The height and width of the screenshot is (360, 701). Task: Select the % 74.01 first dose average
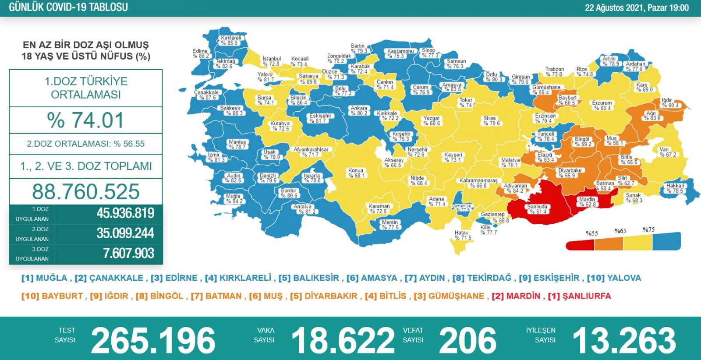click(86, 120)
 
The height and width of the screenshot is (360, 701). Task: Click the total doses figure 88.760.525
click(86, 192)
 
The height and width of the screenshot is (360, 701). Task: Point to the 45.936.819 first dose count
click(125, 213)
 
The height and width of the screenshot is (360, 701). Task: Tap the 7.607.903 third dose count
click(128, 253)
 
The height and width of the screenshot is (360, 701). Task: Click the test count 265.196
click(153, 340)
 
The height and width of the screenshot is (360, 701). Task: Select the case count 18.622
click(343, 340)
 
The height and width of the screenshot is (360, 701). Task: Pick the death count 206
click(467, 340)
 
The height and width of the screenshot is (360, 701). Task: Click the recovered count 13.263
click(624, 340)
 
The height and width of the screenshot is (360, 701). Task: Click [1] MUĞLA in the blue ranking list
click(44, 278)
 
